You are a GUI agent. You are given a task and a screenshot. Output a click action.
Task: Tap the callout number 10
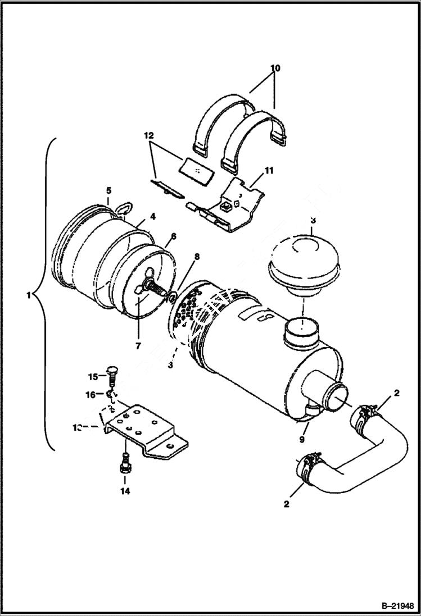click(275, 69)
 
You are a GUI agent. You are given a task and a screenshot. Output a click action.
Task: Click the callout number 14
click(125, 491)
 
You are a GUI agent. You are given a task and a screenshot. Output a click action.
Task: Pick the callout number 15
click(93, 376)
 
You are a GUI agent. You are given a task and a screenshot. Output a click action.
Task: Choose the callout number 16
click(91, 395)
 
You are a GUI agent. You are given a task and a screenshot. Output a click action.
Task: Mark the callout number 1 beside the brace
click(29, 295)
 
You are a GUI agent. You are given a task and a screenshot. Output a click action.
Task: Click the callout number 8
click(197, 257)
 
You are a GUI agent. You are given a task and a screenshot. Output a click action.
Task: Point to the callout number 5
click(108, 191)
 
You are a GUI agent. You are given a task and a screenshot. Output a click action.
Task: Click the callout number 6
click(173, 236)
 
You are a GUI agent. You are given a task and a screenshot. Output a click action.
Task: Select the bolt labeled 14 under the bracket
click(125, 463)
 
